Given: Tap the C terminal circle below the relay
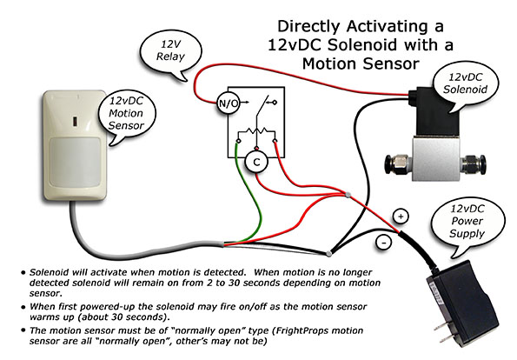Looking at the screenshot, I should click(x=256, y=160).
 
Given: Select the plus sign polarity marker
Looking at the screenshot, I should click(x=401, y=215).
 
